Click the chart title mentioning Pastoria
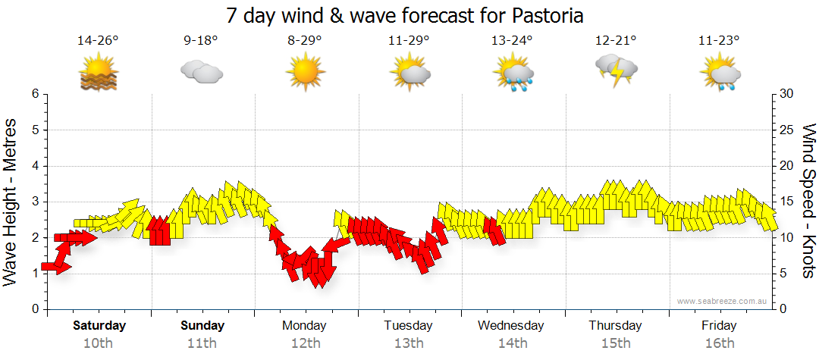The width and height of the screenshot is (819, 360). tap(409, 15)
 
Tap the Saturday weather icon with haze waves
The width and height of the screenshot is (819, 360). tap(99, 74)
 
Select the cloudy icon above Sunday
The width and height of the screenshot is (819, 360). tap(202, 72)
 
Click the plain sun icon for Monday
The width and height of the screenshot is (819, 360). tap(305, 72)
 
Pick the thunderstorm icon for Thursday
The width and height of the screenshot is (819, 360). tap(615, 70)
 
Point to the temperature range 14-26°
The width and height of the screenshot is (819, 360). tap(99, 41)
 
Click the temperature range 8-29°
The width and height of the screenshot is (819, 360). tap(305, 41)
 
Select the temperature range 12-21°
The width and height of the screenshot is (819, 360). tap(615, 41)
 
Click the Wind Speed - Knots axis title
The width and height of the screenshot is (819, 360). tap(808, 201)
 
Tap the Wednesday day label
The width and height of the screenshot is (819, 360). tap(511, 326)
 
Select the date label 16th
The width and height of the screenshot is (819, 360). tap(718, 343)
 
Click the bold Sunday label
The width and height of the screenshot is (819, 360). tap(202, 326)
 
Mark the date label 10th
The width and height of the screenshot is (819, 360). tap(99, 343)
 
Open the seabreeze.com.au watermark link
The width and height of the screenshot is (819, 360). tap(723, 301)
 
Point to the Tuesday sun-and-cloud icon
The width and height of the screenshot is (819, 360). tap(409, 72)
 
